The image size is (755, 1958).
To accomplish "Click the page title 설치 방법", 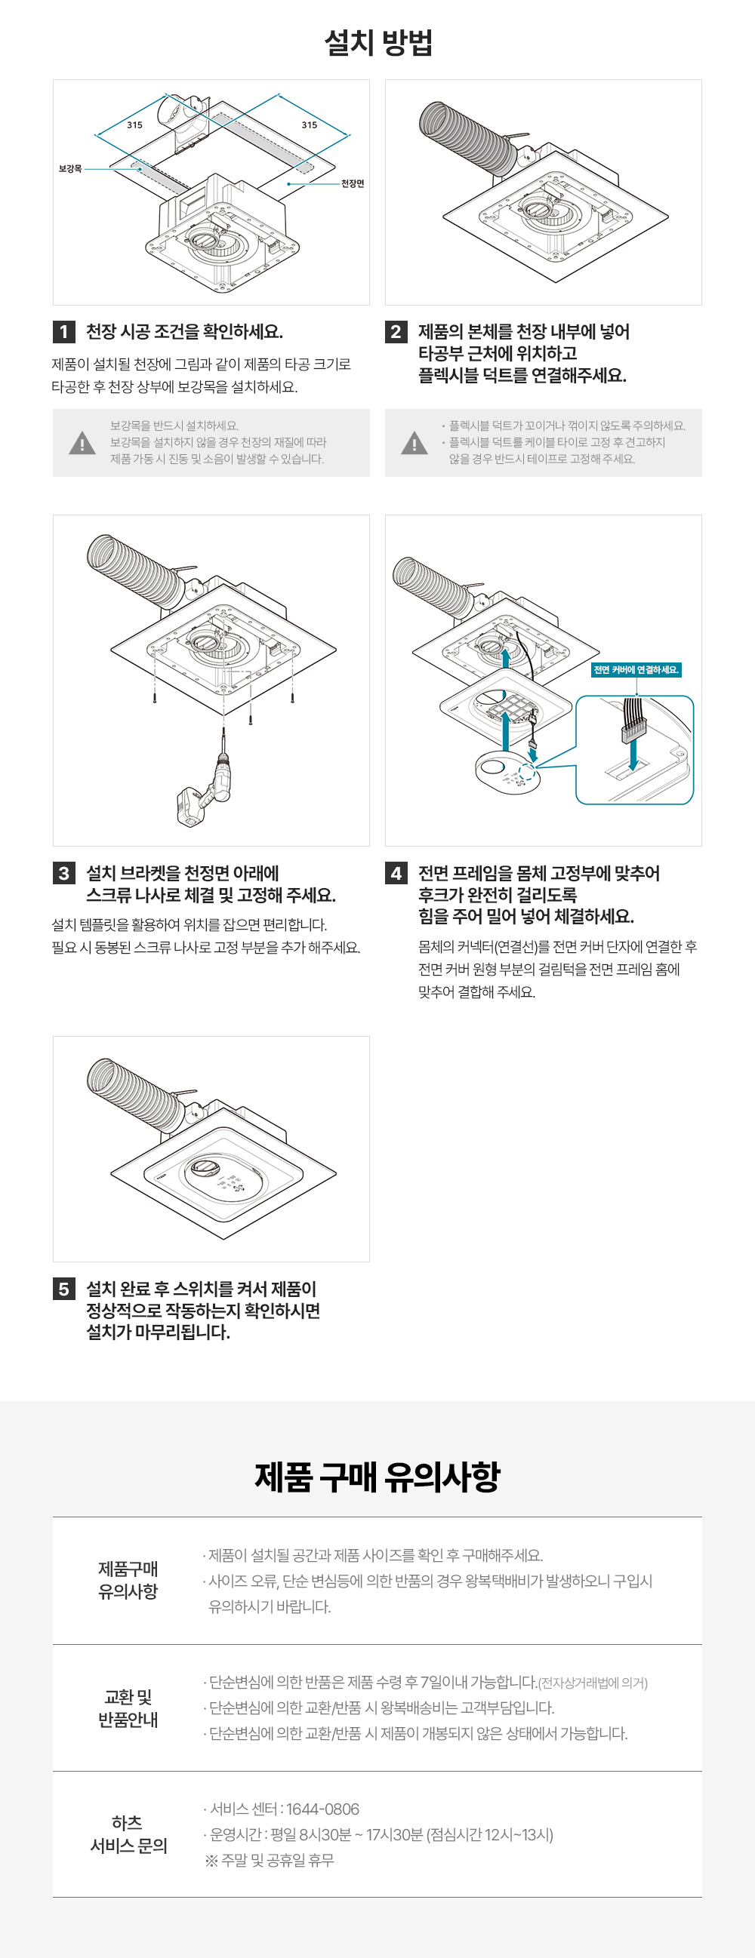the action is (378, 42).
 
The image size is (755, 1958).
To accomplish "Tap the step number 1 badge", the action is (64, 332).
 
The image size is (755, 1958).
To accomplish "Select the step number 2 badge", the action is (396, 332).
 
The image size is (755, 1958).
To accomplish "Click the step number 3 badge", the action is (64, 873).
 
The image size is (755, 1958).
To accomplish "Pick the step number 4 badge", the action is (396, 873).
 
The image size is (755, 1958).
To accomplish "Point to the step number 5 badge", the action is (64, 1289).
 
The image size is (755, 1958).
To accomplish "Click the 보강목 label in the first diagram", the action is (70, 169).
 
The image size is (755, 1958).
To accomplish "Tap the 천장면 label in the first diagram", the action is (352, 183).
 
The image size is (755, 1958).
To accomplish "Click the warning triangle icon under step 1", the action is (82, 443).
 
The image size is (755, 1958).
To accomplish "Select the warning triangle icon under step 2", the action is (414, 443).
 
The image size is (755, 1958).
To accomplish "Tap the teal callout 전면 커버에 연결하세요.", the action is (636, 669).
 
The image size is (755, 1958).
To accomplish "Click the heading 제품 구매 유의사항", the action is (378, 1476).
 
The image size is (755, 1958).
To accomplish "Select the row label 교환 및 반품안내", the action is (128, 1708).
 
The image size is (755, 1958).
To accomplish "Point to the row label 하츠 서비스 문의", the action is (128, 1834).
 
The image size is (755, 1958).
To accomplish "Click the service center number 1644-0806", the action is (322, 1809).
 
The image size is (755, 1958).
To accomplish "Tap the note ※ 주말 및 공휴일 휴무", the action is (270, 1860).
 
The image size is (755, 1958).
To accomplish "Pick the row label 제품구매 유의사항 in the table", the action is (128, 1580).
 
